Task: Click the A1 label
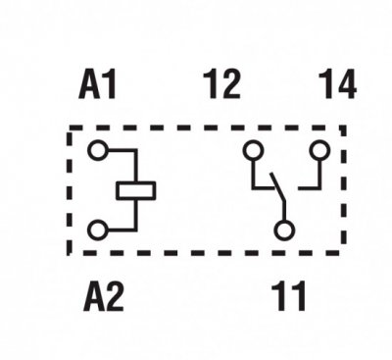coord(97,84)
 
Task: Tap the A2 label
coord(104,296)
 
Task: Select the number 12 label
coord(221,84)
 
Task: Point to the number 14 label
coord(337,84)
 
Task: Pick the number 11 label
coord(289,296)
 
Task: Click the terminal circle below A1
coord(97,150)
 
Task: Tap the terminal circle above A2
coord(97,231)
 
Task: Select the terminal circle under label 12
coord(253,150)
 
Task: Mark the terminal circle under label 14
coord(320,150)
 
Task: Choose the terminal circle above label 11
coord(284,231)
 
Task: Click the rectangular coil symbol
coord(136,190)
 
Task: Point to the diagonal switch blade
coord(277,187)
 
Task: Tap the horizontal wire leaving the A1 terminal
coord(122,150)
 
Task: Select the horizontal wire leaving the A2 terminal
coord(122,231)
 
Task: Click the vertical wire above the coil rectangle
coord(135,166)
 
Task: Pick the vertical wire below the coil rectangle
coord(135,215)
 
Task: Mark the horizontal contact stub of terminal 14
coord(309,188)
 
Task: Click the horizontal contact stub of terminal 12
coord(264,188)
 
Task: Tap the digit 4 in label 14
coord(345,84)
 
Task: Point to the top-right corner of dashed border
coord(344,128)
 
